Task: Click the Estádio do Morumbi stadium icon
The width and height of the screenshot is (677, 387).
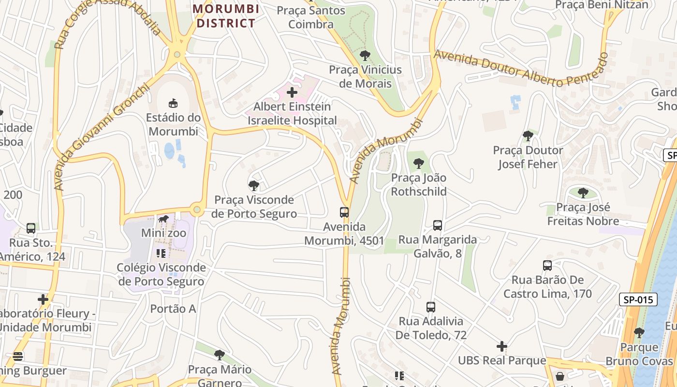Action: [173, 103]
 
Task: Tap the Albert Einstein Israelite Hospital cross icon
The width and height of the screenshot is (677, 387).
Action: [292, 92]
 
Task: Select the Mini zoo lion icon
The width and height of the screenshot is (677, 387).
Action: [163, 219]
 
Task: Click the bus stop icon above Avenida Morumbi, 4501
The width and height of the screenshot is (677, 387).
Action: [344, 212]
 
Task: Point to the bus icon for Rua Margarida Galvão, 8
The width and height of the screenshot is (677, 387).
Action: [437, 225]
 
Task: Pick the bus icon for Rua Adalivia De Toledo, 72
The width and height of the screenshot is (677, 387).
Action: [430, 307]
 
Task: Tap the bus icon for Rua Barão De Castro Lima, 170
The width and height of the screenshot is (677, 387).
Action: [547, 265]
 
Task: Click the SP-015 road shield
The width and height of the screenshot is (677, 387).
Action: [638, 299]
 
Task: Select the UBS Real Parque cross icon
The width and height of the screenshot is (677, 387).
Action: [502, 346]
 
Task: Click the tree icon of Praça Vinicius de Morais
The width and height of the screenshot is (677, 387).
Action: [365, 55]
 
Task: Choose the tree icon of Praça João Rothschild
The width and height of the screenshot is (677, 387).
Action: [419, 164]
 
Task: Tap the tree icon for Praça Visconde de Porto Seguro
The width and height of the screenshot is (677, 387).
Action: [253, 185]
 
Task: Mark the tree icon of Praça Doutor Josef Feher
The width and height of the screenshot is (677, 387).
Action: [528, 136]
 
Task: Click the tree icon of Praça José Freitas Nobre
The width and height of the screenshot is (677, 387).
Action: [583, 193]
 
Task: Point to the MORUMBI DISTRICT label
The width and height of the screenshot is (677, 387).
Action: [226, 16]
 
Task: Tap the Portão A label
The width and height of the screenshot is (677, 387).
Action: [173, 309]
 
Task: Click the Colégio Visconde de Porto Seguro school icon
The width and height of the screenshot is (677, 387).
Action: [161, 253]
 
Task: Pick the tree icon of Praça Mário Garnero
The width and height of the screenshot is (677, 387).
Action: [220, 355]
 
